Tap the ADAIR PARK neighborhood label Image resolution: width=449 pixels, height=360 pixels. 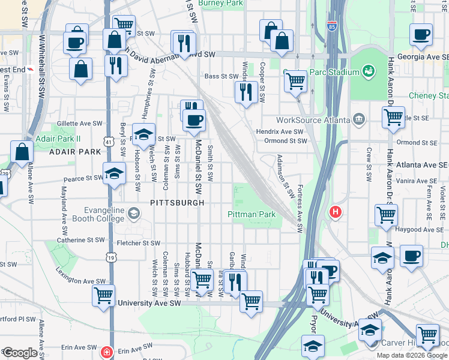point(76,152)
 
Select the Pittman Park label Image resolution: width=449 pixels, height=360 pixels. point(251,214)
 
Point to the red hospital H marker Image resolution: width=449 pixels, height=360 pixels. point(335,212)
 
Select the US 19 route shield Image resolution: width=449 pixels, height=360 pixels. point(112,257)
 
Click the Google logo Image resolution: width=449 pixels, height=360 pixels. point(19,352)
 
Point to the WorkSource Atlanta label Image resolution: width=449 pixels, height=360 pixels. point(313,119)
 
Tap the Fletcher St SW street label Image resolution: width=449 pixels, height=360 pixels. point(139,243)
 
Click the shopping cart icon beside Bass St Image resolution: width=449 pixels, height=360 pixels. point(295,81)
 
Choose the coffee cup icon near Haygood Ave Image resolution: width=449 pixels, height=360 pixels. point(411,256)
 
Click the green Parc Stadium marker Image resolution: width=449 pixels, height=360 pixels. point(369,72)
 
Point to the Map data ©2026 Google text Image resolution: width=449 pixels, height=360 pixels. point(411,355)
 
